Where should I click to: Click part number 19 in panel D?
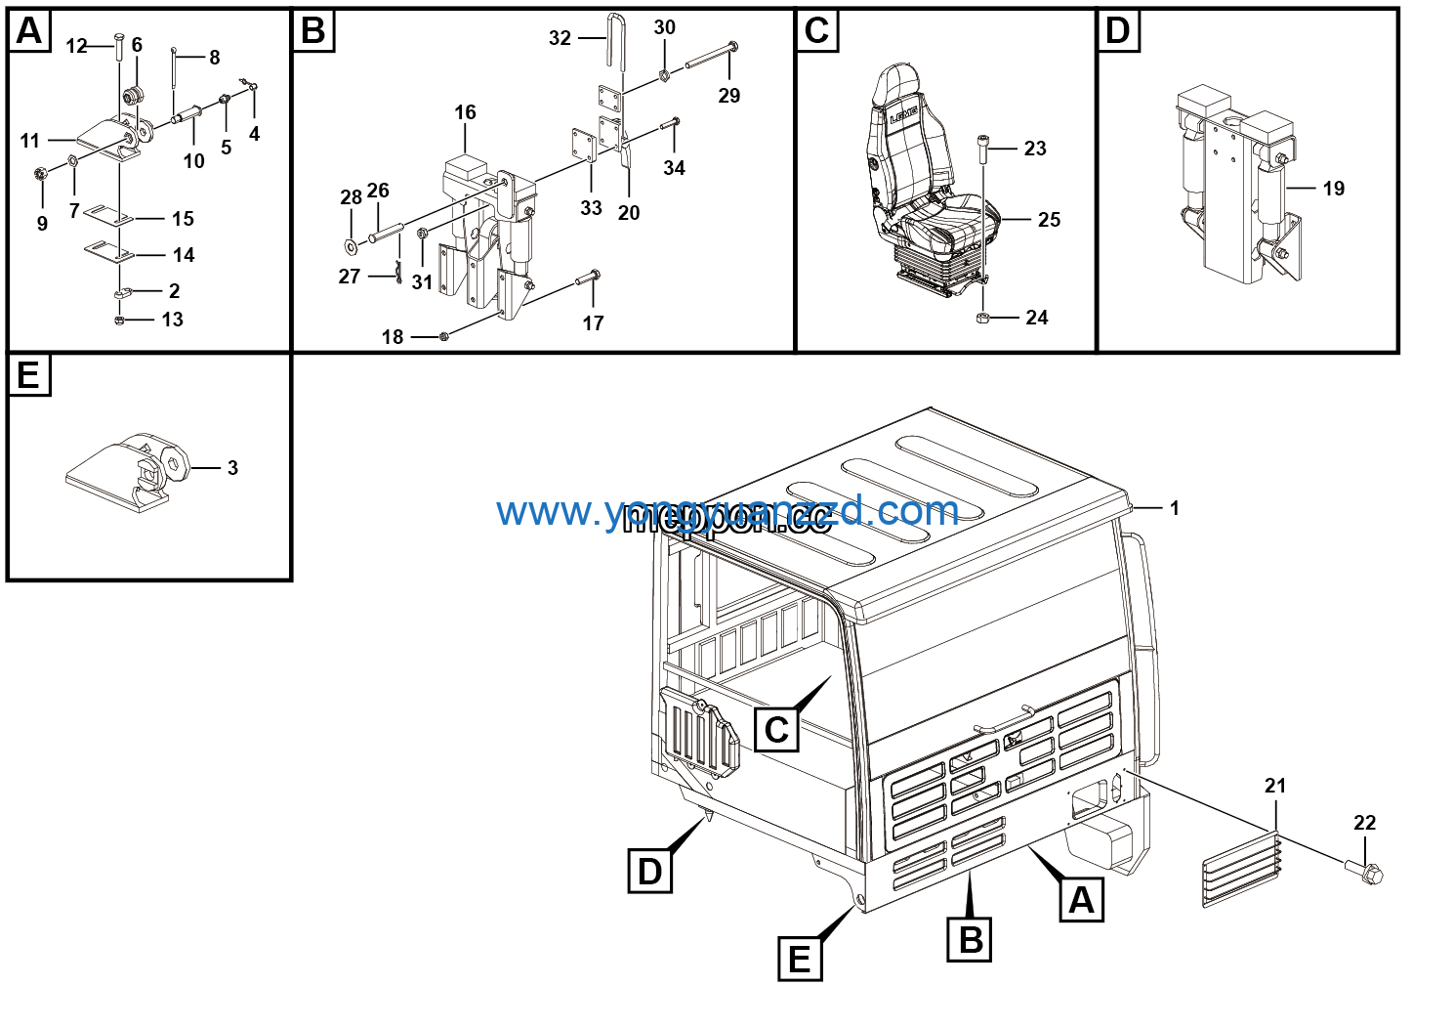(x=1333, y=189)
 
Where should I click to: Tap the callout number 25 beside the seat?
(x=1049, y=220)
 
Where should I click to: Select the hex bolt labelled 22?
(x=1366, y=870)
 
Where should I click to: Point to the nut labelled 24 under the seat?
(x=983, y=318)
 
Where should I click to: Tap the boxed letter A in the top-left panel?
(x=29, y=31)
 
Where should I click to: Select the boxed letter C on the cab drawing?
(x=776, y=730)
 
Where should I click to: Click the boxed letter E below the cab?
(x=800, y=959)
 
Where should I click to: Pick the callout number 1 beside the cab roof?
(x=1175, y=508)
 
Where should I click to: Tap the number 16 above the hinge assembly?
(x=465, y=112)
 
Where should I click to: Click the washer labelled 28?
(x=351, y=243)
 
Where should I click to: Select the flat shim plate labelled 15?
(x=108, y=217)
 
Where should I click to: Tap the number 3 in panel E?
(x=232, y=468)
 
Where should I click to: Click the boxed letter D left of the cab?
(x=649, y=871)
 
